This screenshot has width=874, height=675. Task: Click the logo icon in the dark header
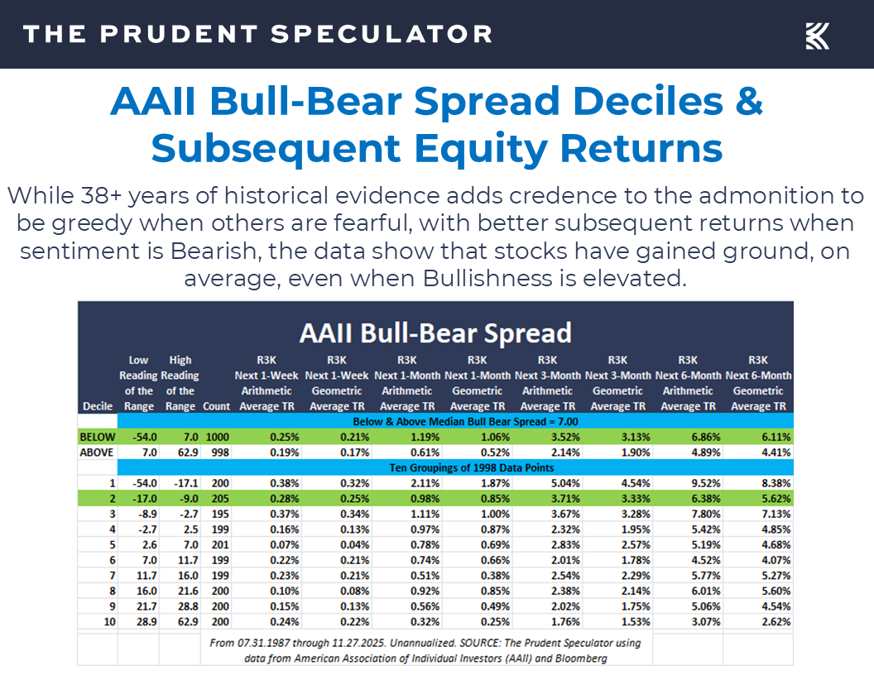(817, 36)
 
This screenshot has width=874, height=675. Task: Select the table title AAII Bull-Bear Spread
(435, 333)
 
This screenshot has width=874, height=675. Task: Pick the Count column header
(216, 406)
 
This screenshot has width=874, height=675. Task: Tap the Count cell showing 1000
(216, 437)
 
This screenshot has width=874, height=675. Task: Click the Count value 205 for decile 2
(216, 499)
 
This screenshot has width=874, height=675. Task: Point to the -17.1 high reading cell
(180, 484)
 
